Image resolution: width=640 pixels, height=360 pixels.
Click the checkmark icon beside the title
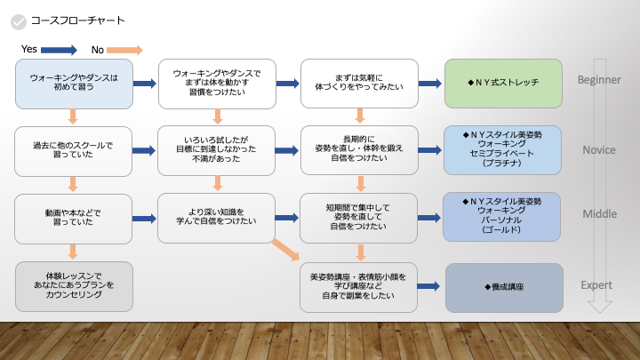pos(17,20)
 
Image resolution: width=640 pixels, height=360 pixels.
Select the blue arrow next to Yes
pos(60,49)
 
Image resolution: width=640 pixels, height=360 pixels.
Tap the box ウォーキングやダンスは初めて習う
pos(74,84)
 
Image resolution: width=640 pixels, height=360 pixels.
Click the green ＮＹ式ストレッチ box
pos(503,84)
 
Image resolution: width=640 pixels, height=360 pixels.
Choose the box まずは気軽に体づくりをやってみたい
pos(359,84)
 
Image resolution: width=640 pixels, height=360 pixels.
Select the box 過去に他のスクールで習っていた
pos(74,149)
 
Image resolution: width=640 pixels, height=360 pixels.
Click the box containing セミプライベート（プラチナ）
pos(503,149)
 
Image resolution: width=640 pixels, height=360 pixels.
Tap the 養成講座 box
pos(503,287)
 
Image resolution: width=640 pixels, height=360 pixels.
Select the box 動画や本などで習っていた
pos(74,218)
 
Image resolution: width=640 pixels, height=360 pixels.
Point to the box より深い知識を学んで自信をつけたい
pos(217,218)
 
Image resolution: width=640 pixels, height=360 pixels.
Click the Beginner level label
pos(599,80)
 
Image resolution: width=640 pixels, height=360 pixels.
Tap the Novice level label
pos(599,149)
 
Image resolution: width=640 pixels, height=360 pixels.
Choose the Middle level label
pos(599,215)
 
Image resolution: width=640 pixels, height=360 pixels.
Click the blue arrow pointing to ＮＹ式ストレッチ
pos(430,84)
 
